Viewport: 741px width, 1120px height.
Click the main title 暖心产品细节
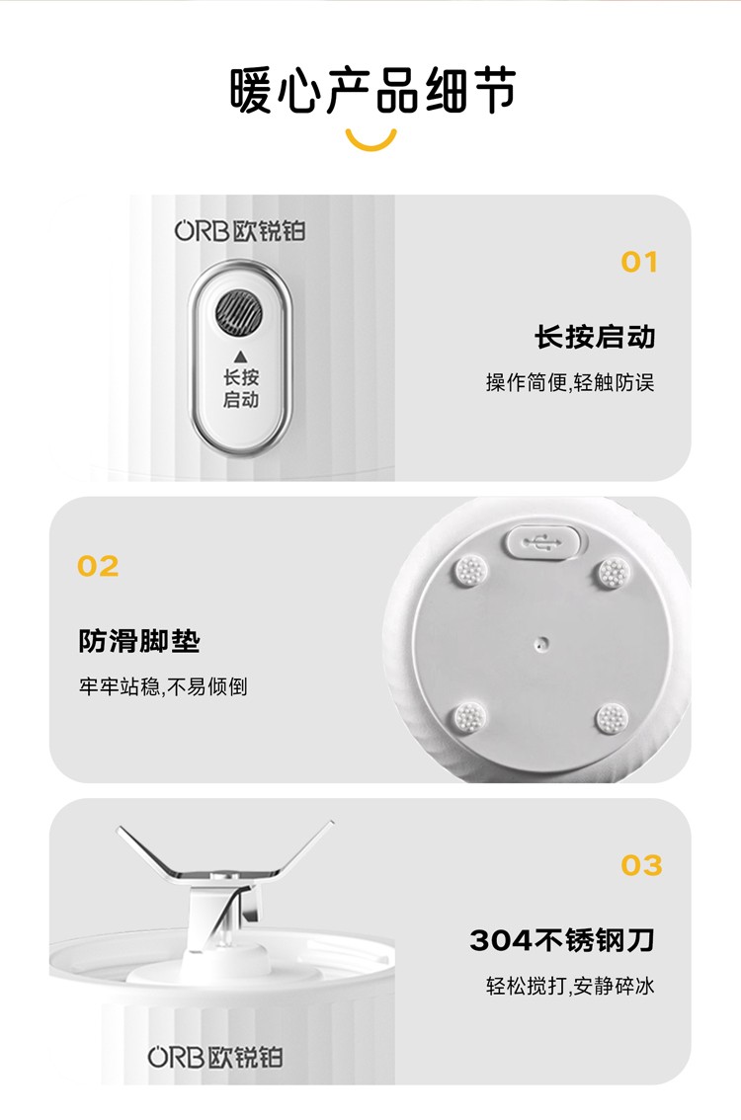372,91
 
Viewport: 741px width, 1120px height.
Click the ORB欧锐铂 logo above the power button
240,231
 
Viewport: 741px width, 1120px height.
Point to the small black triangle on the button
241,357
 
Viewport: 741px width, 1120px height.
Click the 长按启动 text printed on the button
241,388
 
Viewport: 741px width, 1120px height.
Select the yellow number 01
639,262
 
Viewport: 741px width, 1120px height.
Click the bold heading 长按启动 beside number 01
595,337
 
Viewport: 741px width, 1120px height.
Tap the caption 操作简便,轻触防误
569,383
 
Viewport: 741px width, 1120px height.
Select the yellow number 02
98,567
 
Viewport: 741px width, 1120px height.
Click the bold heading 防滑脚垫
139,641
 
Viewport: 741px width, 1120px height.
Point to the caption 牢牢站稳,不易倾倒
163,686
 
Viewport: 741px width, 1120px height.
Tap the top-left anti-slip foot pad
471,571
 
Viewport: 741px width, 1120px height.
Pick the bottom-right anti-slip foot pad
613,718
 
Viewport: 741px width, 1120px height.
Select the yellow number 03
641,865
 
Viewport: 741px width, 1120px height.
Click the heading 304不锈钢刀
561,940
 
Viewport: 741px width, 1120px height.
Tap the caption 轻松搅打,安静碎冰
569,987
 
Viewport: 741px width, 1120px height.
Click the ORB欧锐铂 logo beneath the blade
215,1057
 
